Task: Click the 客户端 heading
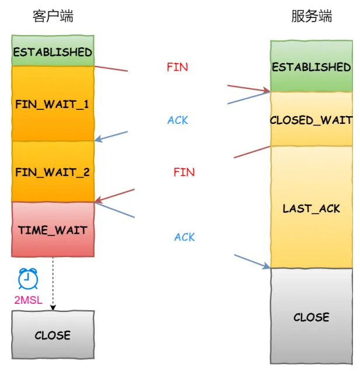click(53, 16)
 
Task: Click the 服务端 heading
click(311, 16)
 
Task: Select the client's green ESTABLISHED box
click(53, 51)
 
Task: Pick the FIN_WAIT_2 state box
click(53, 172)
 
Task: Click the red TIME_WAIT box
click(53, 230)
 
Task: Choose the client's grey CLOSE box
click(53, 335)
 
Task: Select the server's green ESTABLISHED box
click(311, 67)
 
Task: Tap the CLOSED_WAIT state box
click(311, 120)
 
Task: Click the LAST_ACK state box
click(311, 208)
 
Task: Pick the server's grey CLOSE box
click(311, 317)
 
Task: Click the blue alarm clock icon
click(28, 279)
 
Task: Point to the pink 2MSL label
click(28, 300)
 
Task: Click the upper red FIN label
click(177, 67)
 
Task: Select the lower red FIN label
click(184, 172)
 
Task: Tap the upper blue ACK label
click(178, 120)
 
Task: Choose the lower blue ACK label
click(185, 237)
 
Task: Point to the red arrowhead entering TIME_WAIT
click(98, 202)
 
